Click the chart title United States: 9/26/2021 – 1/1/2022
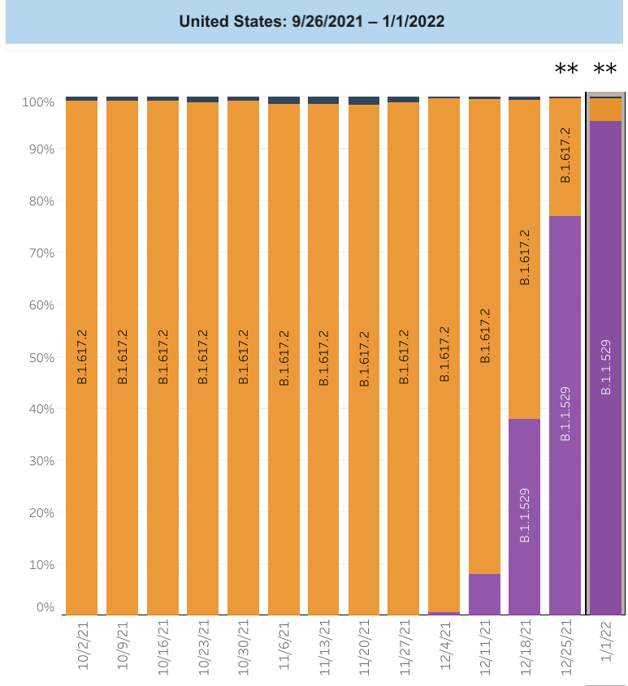[x=312, y=21]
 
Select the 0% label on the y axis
[x=45, y=607]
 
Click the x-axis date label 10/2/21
[x=82, y=646]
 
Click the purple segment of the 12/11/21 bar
[x=485, y=594]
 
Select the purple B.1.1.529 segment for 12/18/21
[x=525, y=516]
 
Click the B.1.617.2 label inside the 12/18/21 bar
[x=525, y=257]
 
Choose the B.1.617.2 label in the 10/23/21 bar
[x=203, y=356]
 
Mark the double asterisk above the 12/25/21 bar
[x=566, y=71]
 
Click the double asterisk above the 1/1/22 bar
[x=606, y=71]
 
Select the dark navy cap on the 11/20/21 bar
[x=364, y=101]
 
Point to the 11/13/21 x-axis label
[x=324, y=646]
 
